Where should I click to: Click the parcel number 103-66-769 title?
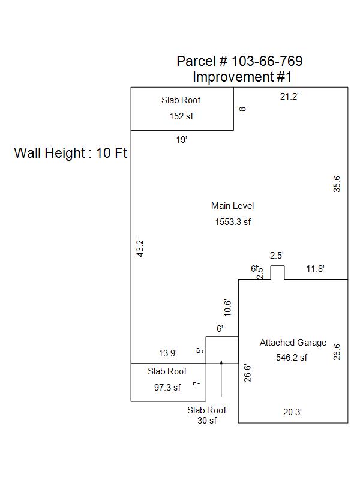coord(239,61)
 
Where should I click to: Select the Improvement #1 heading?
coord(242,77)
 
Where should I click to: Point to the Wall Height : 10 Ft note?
coord(71,153)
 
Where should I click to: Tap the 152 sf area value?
coord(182,116)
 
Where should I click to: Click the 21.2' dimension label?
coord(289,97)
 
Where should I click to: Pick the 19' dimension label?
coord(181,139)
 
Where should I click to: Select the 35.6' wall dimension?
coord(337,183)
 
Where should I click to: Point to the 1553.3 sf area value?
coord(233,222)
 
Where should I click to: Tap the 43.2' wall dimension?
coord(139,248)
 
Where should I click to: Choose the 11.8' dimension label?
coord(315,269)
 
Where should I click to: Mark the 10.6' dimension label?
coord(227,307)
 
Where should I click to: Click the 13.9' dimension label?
coord(167,354)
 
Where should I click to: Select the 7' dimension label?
coord(196,382)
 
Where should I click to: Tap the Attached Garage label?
coord(293,343)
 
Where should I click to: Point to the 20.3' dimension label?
coord(292,412)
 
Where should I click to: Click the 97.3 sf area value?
coord(167,388)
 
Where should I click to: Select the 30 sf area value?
coord(207,421)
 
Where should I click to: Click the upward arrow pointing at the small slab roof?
coord(221,378)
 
